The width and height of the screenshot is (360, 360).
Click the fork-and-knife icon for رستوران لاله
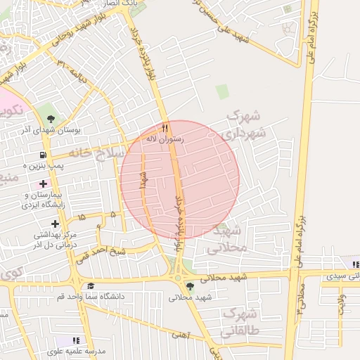click(165, 128)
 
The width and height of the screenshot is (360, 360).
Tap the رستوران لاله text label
click(164, 139)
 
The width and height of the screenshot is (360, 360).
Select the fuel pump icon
click(44, 155)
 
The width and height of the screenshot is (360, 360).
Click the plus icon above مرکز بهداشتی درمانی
click(55, 223)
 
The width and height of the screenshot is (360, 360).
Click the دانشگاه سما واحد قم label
click(90, 297)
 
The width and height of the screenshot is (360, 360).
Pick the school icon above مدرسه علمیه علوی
click(76, 340)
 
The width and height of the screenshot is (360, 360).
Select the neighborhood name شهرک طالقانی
click(239, 321)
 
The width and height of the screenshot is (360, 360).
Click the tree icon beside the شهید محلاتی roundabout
click(188, 285)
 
